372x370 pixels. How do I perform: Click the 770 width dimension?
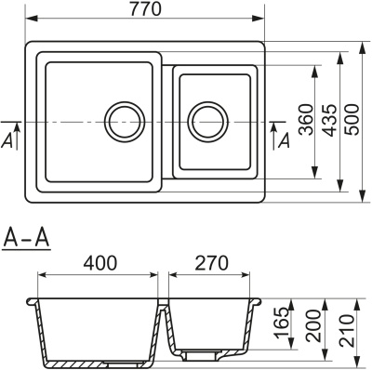pyautogui.click(x=146, y=9)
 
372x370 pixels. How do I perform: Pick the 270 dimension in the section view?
pyautogui.click(x=210, y=262)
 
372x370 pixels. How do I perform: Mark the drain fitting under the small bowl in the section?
pyautogui.click(x=197, y=355)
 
